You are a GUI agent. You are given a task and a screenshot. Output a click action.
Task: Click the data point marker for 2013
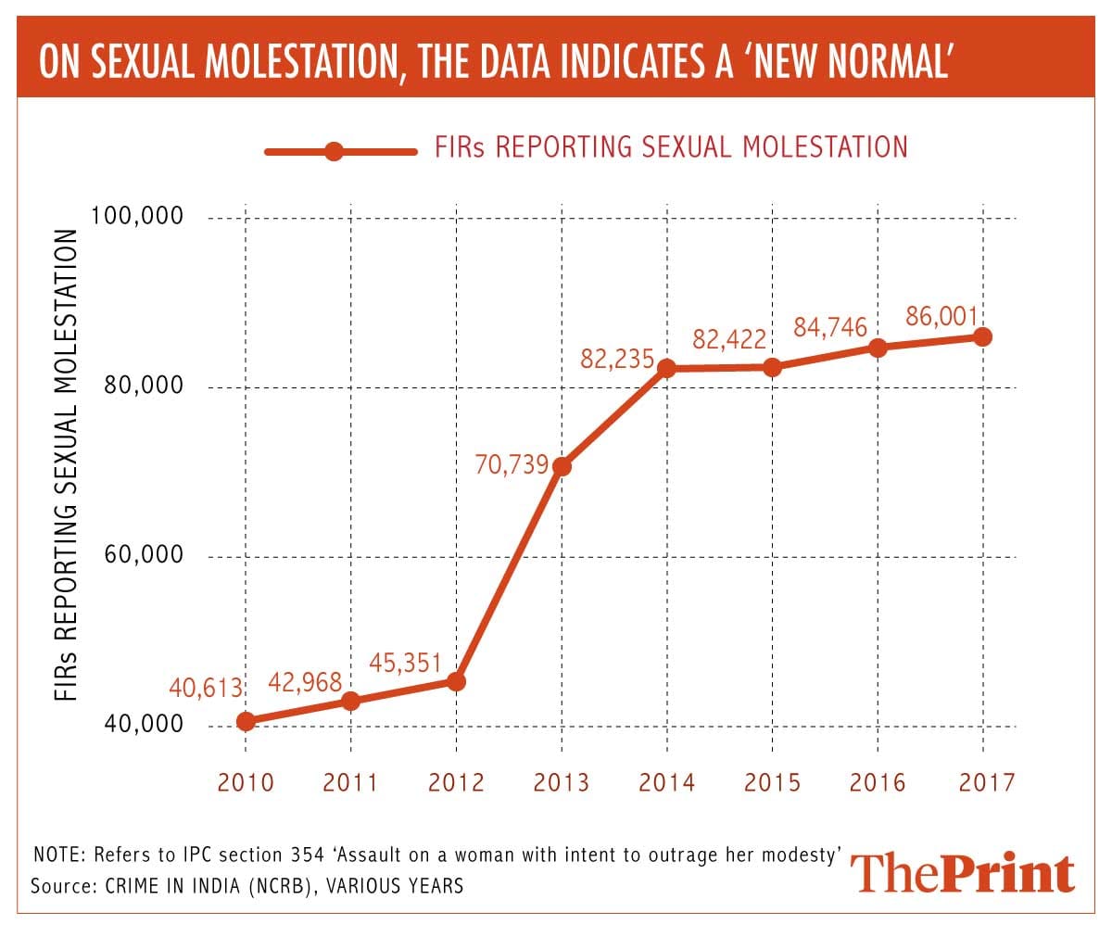tap(561, 466)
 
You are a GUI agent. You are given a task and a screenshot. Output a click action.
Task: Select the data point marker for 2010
tap(246, 721)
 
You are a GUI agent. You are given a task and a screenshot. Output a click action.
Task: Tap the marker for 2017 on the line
tap(982, 336)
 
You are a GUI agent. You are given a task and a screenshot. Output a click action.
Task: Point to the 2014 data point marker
tap(666, 369)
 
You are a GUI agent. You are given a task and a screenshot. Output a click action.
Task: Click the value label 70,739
tap(512, 464)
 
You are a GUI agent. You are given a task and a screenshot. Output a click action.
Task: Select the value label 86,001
tap(941, 317)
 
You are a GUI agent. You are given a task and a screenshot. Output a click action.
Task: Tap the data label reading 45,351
tap(405, 664)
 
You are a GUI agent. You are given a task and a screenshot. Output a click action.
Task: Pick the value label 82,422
tap(729, 339)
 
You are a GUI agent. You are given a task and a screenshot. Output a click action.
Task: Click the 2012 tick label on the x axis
tap(456, 783)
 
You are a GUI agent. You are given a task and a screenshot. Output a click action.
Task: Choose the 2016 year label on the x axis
tap(878, 783)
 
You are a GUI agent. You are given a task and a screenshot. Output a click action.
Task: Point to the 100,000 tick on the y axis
tap(138, 217)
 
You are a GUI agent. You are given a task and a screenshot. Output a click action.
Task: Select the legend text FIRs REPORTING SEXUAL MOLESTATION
tap(671, 147)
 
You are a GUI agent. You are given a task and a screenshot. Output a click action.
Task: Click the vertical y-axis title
tap(66, 466)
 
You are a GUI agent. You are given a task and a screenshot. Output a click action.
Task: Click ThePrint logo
tap(963, 873)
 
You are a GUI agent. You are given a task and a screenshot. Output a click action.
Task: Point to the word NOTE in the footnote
tap(57, 854)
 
